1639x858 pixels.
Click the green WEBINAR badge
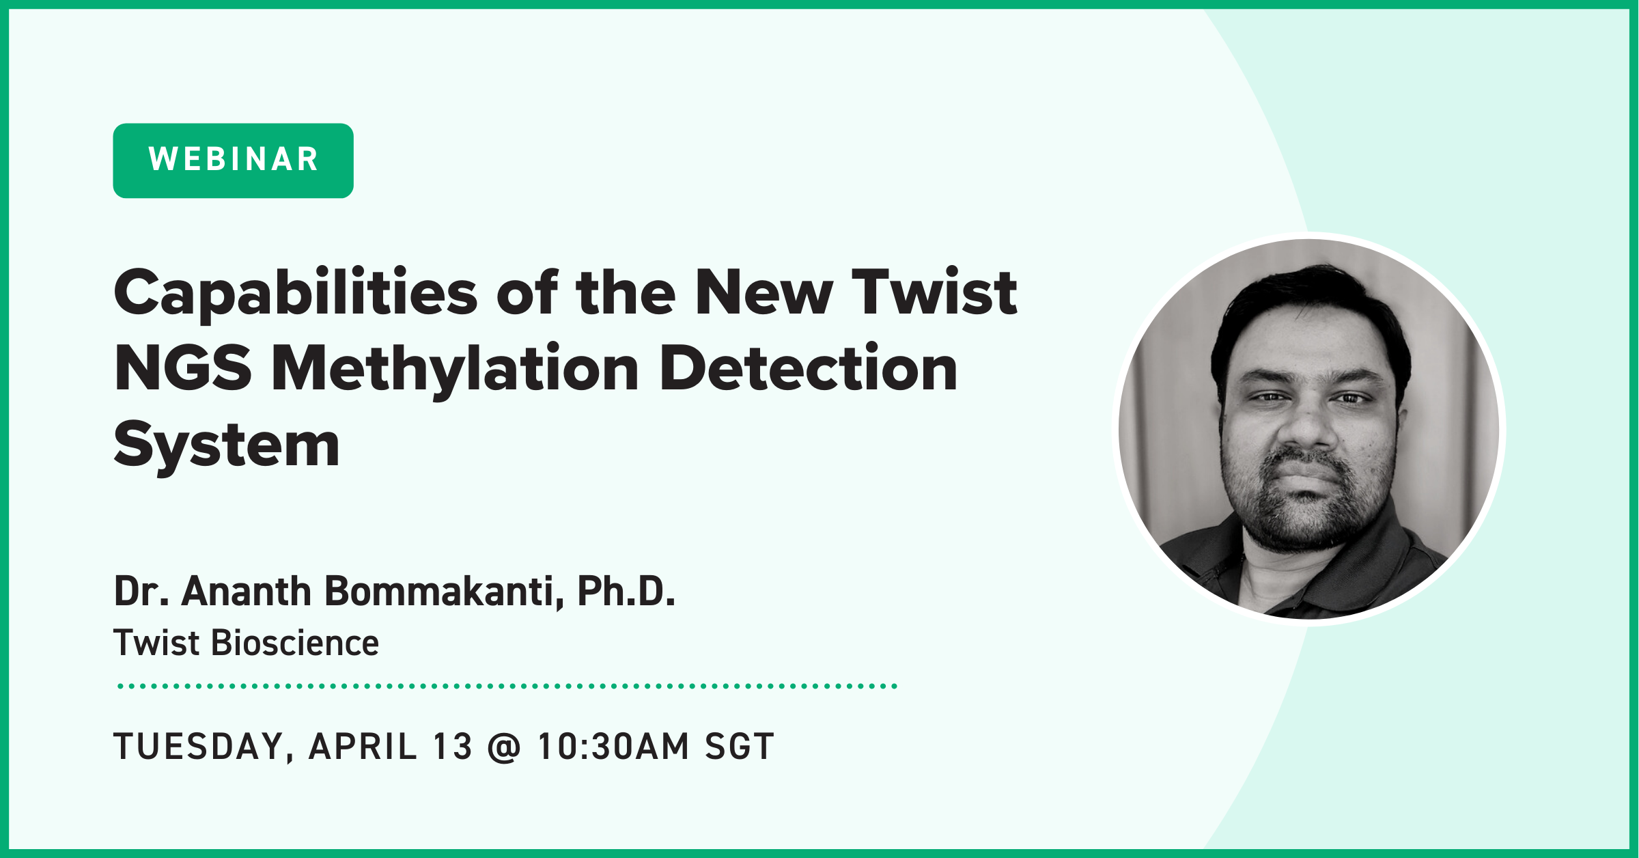[233, 161]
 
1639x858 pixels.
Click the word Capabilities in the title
[296, 293]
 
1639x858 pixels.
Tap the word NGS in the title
[183, 368]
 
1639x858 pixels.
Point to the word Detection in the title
[809, 368]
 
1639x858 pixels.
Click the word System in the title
[227, 446]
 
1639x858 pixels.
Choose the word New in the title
[764, 293]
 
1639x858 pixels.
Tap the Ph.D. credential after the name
[626, 591]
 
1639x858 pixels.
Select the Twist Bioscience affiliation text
[246, 643]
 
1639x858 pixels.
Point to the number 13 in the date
[452, 746]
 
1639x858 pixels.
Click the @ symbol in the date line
[505, 747]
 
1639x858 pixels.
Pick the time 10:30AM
[613, 746]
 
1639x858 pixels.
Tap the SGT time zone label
[740, 746]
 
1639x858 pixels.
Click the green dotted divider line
[507, 686]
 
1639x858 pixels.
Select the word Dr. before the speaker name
[141, 591]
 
